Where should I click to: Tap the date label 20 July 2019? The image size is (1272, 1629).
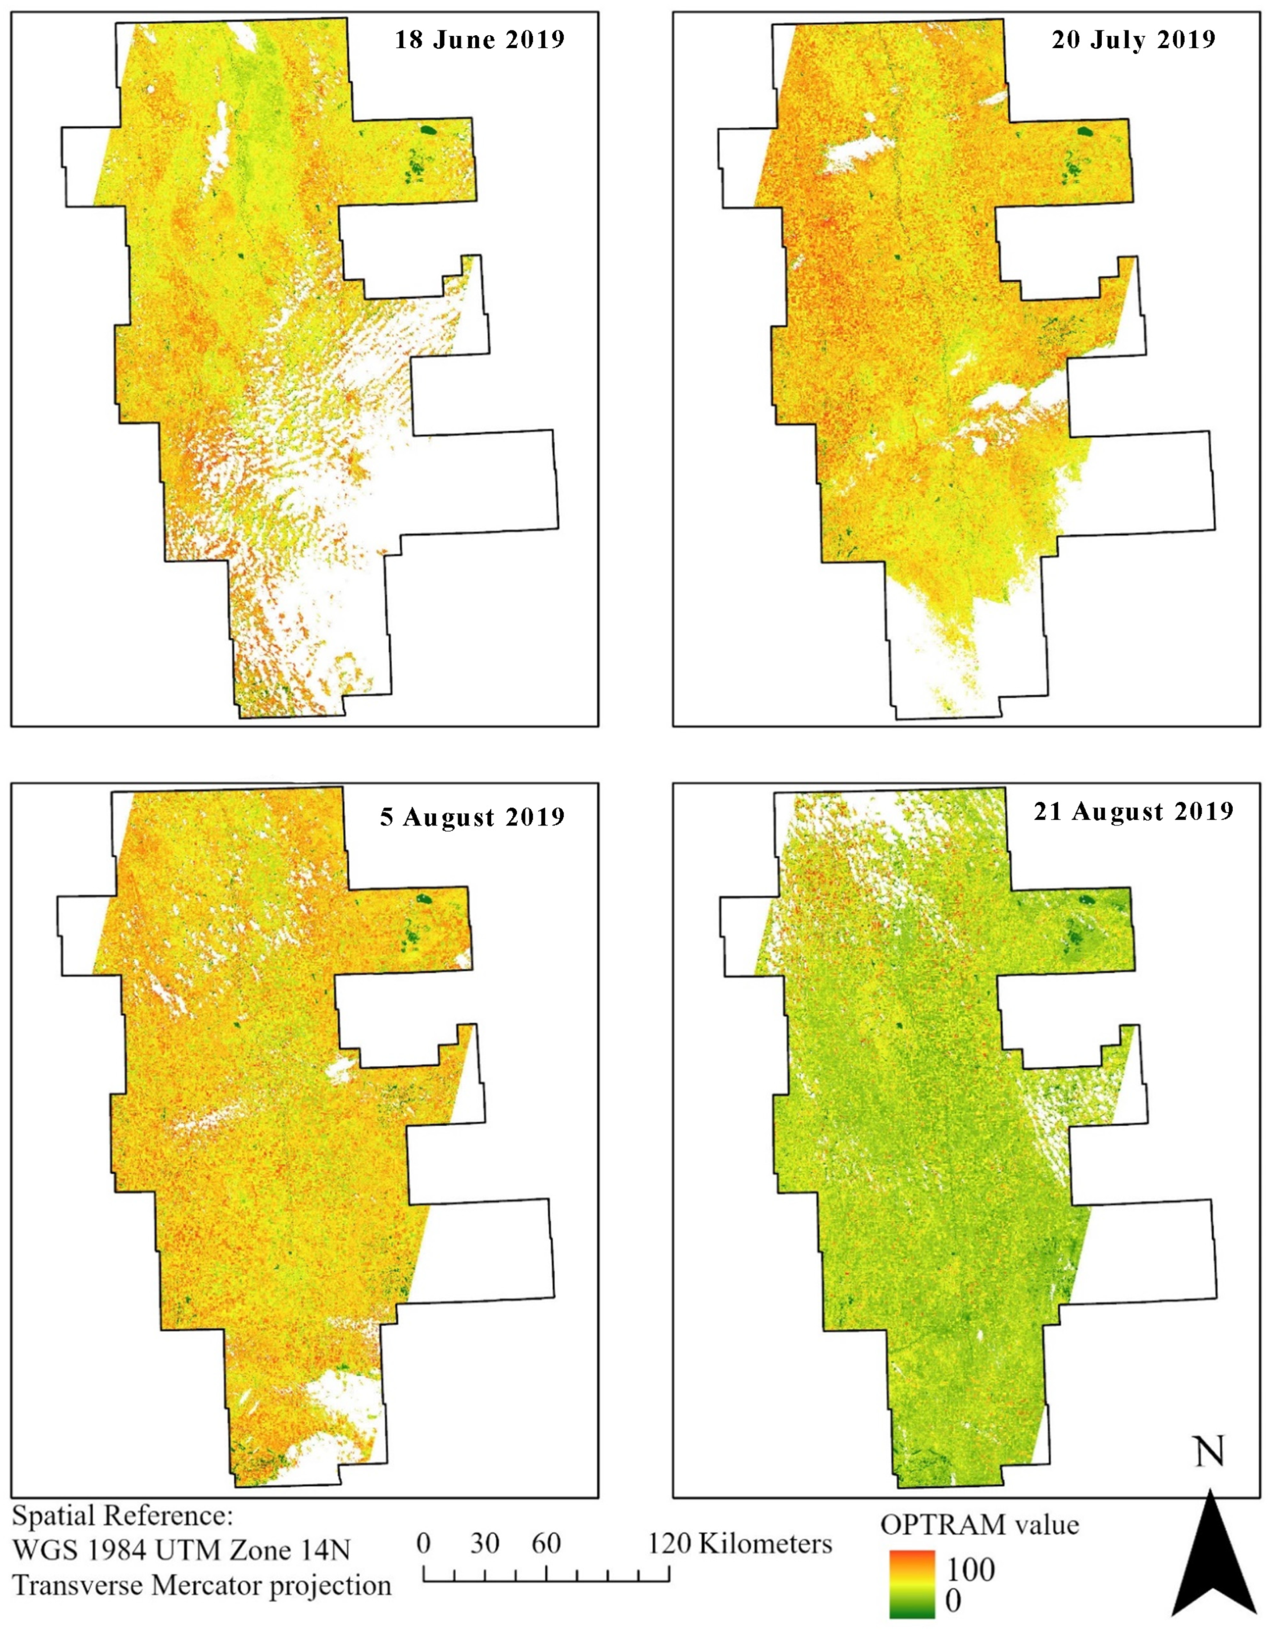(1133, 39)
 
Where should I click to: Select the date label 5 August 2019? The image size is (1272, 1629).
(471, 817)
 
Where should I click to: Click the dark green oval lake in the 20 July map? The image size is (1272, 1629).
(1085, 132)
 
